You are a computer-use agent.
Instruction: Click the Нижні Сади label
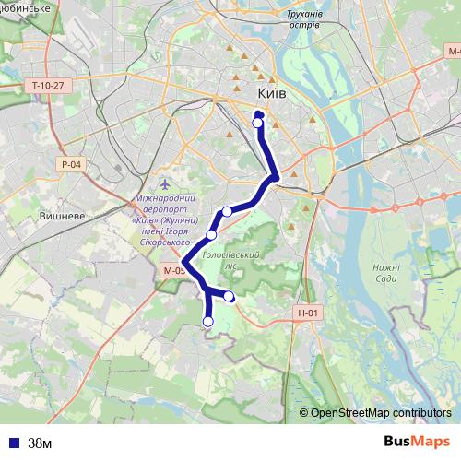click(385, 273)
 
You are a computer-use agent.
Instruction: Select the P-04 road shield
click(72, 164)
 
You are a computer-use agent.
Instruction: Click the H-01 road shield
click(309, 313)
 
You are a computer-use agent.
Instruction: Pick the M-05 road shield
click(173, 270)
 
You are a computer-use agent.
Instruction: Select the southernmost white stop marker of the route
click(207, 321)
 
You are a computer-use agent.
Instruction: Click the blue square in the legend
click(14, 442)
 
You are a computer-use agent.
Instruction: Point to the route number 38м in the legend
click(40, 442)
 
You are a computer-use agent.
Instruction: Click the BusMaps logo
click(417, 441)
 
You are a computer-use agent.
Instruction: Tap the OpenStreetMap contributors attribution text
click(380, 412)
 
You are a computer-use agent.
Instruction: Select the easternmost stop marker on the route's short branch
click(230, 296)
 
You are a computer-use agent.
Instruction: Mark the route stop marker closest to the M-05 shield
click(211, 235)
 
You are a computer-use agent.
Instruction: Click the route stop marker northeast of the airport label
click(227, 212)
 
